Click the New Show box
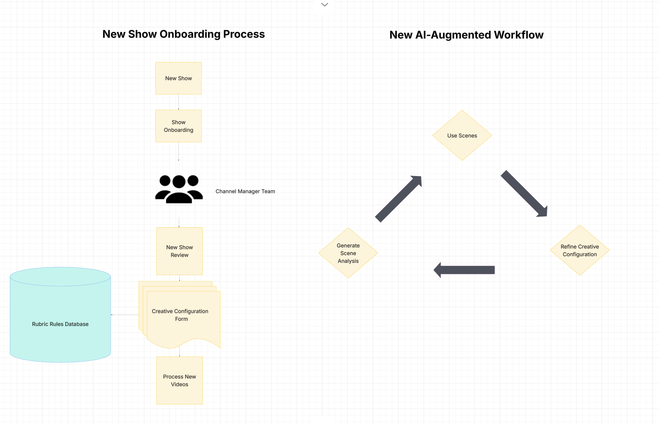point(178,78)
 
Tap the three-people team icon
point(179,189)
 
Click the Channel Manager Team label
point(245,191)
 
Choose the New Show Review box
point(180,251)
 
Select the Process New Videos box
point(180,380)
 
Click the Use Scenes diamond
point(462,136)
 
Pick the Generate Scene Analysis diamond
point(348,253)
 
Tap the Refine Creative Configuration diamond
point(579,250)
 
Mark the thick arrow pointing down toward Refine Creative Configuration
point(524,194)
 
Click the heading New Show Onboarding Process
point(183,34)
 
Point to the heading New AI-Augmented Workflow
point(466,35)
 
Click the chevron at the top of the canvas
point(325,5)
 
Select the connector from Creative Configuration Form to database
point(125,314)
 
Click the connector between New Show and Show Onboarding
point(178,102)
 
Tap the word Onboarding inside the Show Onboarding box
point(178,130)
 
